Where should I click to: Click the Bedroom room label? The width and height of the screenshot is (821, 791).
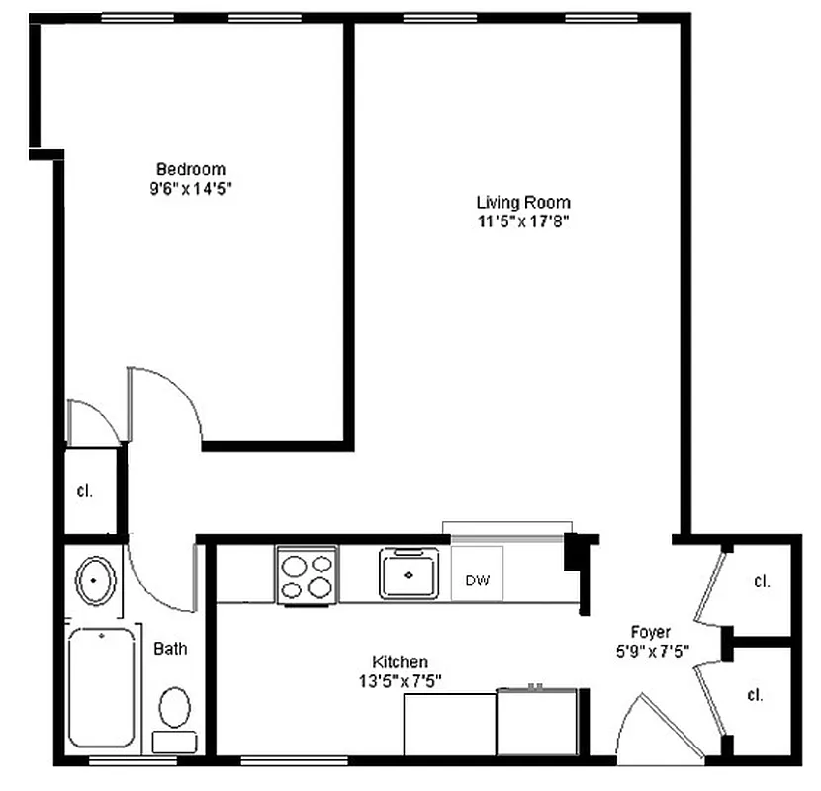191,169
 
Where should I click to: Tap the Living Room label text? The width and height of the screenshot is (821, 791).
523,203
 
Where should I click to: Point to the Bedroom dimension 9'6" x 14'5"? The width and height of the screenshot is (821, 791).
191,187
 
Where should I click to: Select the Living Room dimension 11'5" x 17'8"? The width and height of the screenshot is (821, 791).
523,220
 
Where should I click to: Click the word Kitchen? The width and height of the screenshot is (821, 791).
400,661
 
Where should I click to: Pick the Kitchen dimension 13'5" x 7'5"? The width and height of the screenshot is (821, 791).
400,679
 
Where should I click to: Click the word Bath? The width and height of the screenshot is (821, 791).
170,649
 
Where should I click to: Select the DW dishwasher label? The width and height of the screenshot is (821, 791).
478,580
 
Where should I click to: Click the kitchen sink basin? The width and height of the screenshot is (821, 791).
408,574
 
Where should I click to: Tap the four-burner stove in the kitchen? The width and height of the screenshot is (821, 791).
307,576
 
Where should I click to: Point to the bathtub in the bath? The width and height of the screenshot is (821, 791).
101,688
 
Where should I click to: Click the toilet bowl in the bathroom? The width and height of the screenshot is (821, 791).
175,708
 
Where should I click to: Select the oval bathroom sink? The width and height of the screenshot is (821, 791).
93,580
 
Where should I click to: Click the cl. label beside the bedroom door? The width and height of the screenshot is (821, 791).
85,491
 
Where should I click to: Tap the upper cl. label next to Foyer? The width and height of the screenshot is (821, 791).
761,582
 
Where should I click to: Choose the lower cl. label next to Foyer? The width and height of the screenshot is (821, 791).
755,695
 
